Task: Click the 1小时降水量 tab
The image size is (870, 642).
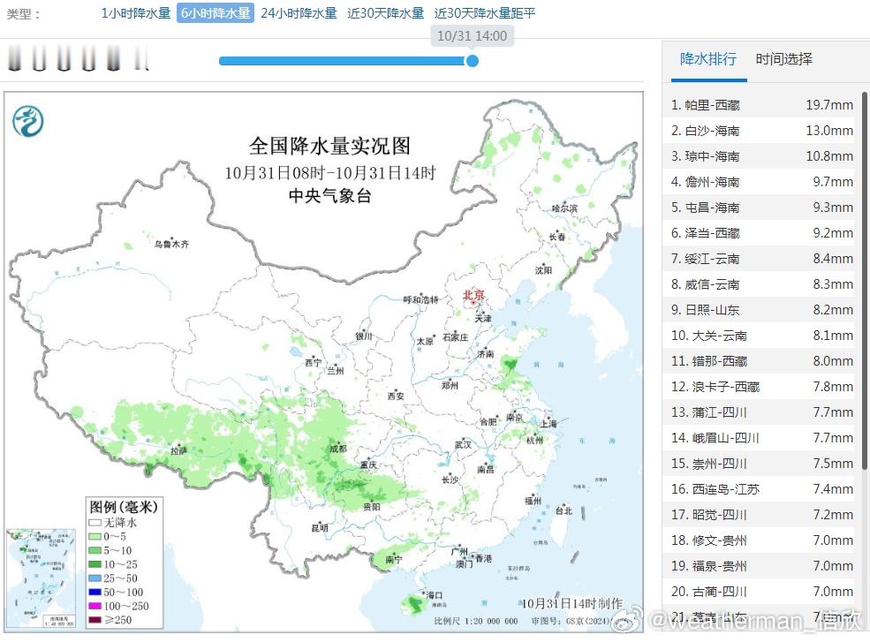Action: click(135, 13)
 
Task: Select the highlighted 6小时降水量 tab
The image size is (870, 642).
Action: click(215, 13)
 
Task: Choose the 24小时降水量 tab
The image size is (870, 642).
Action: click(299, 13)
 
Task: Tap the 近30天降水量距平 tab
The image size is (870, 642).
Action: click(485, 13)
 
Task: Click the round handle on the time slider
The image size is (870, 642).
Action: click(473, 61)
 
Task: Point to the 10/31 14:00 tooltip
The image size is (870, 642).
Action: click(473, 36)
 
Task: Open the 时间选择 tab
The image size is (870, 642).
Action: click(783, 59)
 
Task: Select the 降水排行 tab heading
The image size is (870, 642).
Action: click(707, 59)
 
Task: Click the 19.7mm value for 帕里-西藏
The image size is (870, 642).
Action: click(828, 105)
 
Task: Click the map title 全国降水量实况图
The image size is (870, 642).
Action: click(329, 146)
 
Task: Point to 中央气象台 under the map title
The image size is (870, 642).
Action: click(329, 196)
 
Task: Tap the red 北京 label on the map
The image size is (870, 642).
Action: click(474, 295)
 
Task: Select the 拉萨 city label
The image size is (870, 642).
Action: click(179, 450)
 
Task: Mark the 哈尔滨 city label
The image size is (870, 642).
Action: click(564, 208)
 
